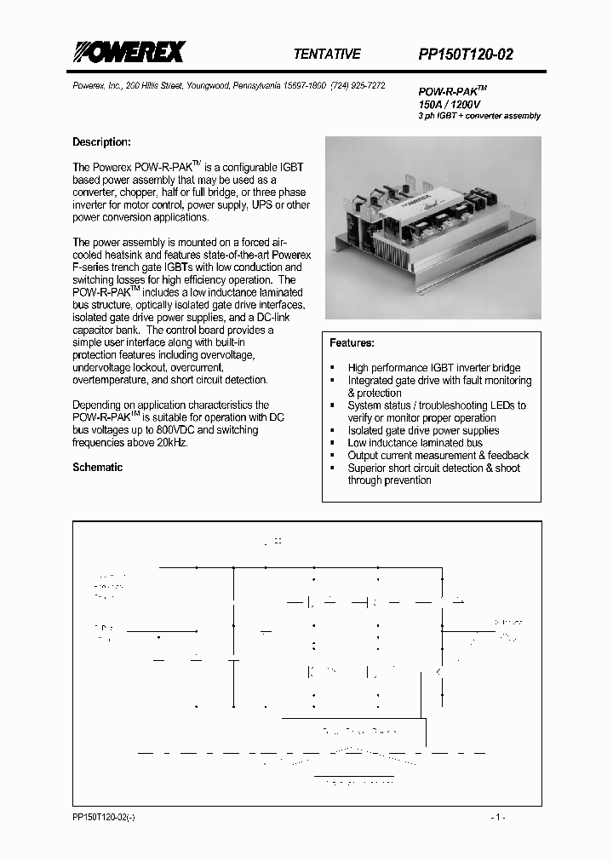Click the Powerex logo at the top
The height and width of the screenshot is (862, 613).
(128, 53)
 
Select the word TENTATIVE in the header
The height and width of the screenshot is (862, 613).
(326, 54)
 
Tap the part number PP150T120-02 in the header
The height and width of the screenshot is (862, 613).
(465, 55)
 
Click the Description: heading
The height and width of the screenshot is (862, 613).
(101, 142)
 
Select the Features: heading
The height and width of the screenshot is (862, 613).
(352, 342)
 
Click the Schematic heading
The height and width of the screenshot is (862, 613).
(97, 468)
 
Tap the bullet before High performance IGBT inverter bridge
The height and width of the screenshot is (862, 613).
(332, 368)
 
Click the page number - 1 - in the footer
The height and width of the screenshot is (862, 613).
(498, 817)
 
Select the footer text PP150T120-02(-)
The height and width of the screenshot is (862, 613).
(104, 817)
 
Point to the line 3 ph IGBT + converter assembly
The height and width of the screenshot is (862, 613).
(478, 116)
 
